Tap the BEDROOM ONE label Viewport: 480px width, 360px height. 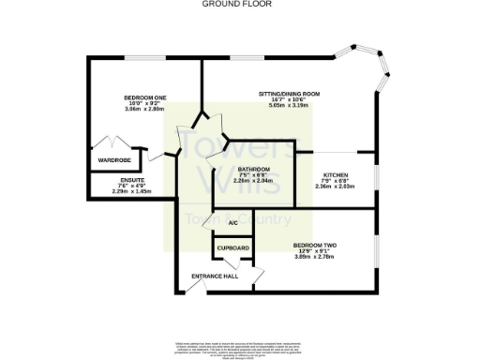(x=145, y=97)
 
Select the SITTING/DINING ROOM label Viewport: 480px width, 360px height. (x=290, y=94)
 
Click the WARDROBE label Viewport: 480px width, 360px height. (x=113, y=160)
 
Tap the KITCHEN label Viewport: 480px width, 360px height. (x=336, y=174)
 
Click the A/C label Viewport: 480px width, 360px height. (x=232, y=223)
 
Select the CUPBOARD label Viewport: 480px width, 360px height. (x=233, y=247)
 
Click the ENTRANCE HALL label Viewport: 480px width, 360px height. (x=215, y=276)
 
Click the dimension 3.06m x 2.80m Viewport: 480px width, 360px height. (x=145, y=110)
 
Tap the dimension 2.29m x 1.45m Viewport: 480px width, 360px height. (x=131, y=191)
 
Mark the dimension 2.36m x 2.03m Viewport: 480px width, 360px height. (x=336, y=187)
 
